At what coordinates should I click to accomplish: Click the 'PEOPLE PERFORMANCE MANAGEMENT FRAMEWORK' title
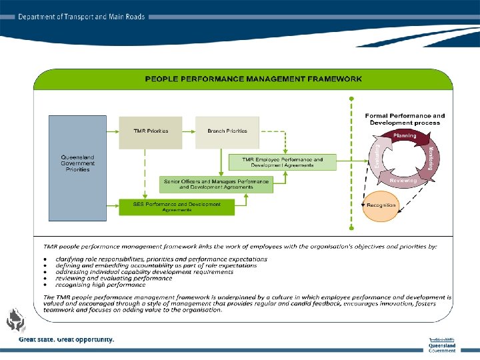253,79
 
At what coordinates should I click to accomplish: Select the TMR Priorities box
150,132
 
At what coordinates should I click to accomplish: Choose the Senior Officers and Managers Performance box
216,184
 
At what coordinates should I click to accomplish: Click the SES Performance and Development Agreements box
177,207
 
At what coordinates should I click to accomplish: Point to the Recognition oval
381,205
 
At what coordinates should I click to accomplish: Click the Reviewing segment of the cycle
403,180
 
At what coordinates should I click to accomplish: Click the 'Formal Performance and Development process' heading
405,119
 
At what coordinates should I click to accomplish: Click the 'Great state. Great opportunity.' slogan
67,339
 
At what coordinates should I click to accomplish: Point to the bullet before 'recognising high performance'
44,285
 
